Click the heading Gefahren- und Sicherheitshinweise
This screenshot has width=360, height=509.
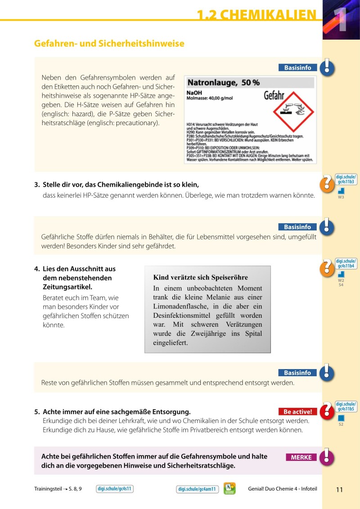pos(109,44)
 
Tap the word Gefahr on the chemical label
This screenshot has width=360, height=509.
pos(274,96)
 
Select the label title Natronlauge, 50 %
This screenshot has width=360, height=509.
pos(223,83)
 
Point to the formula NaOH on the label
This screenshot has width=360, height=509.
pos(194,93)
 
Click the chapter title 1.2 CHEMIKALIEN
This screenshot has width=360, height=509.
pos(256,15)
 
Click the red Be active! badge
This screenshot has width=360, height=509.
pos(297,411)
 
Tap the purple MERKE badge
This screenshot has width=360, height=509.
pos(301,457)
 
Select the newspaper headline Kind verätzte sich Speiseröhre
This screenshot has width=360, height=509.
pos(201,277)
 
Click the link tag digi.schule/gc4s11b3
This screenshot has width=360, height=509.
pos(346,179)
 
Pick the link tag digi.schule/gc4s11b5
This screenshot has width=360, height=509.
pos(346,406)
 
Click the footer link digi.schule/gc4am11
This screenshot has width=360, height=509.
pos(197,489)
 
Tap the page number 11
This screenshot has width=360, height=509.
pos(339,490)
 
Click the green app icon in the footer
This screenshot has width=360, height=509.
pos(229,488)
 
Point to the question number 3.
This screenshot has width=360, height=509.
pos(36,185)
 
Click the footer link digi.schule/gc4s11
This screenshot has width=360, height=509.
pos(115,489)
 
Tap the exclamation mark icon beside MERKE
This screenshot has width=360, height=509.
pos(329,457)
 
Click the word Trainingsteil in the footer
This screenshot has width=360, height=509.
pos(48,489)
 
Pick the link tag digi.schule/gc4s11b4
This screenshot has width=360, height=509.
pos(346,263)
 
